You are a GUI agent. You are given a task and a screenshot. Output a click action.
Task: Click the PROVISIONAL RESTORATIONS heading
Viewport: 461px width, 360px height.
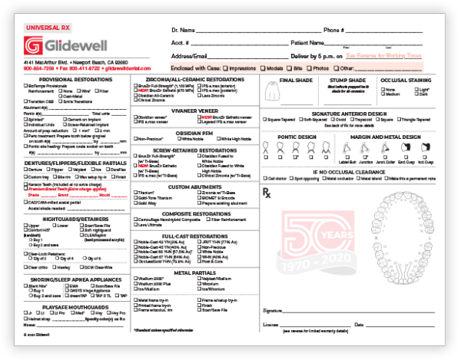[70, 79]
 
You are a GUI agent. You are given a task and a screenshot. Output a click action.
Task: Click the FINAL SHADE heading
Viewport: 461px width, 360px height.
[296, 79]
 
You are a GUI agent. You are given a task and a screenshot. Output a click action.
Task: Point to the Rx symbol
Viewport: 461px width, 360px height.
[267, 191]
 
